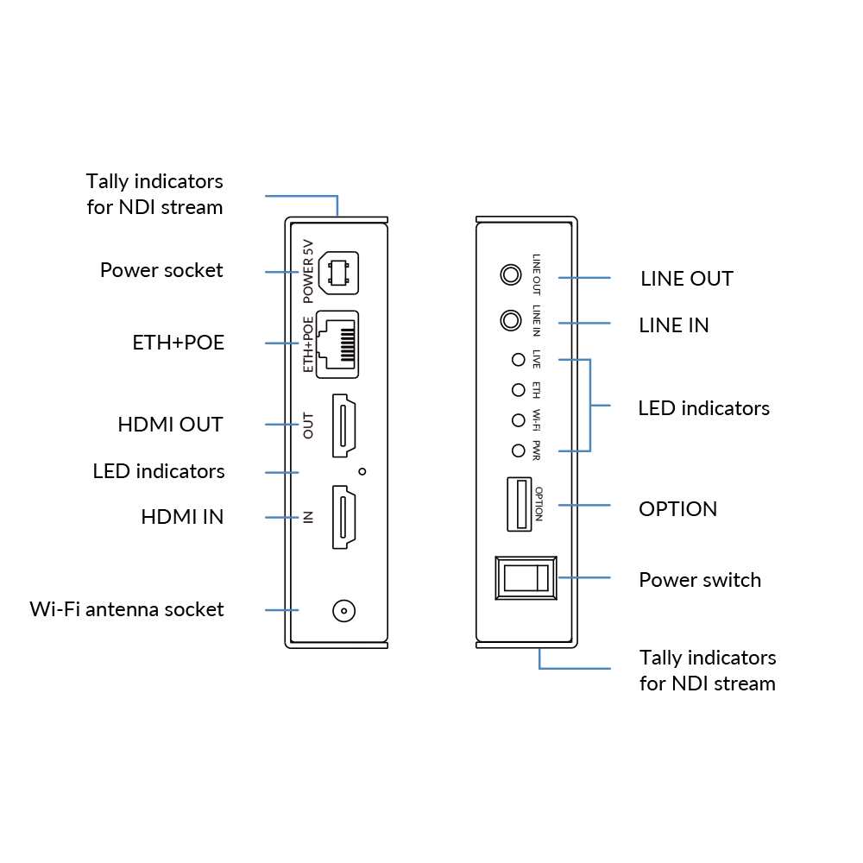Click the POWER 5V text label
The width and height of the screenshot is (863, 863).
pyautogui.click(x=308, y=271)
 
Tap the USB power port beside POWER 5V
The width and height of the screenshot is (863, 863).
pyautogui.click(x=339, y=273)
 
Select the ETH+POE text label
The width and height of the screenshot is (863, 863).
pyautogui.click(x=308, y=344)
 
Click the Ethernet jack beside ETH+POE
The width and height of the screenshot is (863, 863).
pyautogui.click(x=337, y=344)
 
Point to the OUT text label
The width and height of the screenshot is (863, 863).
pyautogui.click(x=308, y=425)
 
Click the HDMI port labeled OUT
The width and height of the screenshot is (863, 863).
pyautogui.click(x=344, y=425)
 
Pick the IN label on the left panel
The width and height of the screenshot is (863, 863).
pyautogui.click(x=308, y=518)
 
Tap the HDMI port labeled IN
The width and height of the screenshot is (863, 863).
pyautogui.click(x=344, y=518)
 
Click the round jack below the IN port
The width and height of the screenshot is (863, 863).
pyautogui.click(x=344, y=611)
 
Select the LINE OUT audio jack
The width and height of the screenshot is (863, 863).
pyautogui.click(x=511, y=275)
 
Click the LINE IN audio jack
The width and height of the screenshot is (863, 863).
pyautogui.click(x=511, y=321)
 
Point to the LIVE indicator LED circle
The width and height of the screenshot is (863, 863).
pyautogui.click(x=518, y=359)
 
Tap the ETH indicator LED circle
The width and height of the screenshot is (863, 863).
pyautogui.click(x=518, y=390)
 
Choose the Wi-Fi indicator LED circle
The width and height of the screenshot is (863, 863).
pyautogui.click(x=518, y=420)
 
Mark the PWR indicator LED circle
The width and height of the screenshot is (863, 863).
pyautogui.click(x=518, y=450)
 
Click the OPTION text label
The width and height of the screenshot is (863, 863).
pyautogui.click(x=539, y=504)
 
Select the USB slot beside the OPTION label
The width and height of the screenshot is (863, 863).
pyautogui.click(x=519, y=504)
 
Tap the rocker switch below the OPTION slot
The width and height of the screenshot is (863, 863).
pyautogui.click(x=526, y=577)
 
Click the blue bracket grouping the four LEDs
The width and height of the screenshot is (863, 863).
pyautogui.click(x=590, y=405)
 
